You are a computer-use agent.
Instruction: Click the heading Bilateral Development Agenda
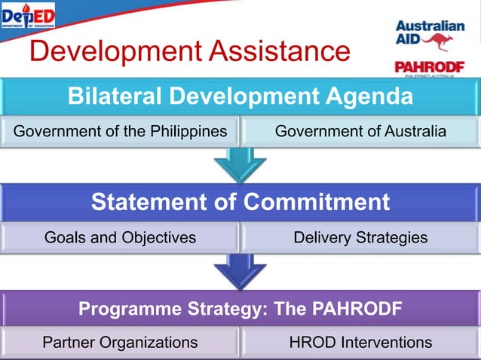240,96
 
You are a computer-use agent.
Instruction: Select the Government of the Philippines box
120,132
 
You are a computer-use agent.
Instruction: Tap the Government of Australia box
360,132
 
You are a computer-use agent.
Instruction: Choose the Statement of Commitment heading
240,203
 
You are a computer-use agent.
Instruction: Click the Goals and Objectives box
120,238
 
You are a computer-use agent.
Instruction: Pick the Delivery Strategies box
360,238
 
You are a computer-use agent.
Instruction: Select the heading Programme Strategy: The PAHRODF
240,309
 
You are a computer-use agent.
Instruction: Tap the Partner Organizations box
120,343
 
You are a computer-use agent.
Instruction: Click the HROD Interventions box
360,343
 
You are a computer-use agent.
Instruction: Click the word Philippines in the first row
188,132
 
